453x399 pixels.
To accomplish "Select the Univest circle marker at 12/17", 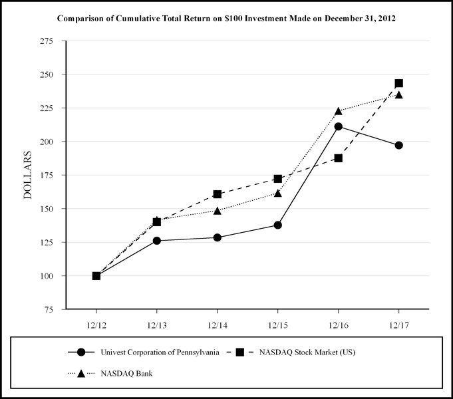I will pyautogui.click(x=398, y=145).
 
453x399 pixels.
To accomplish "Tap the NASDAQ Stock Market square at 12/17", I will pyautogui.click(x=398, y=83).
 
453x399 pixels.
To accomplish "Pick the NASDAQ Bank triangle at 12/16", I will pyautogui.click(x=338, y=111).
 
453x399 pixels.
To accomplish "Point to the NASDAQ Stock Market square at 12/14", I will pyautogui.click(x=217, y=194).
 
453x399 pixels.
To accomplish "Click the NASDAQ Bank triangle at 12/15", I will pyautogui.click(x=277, y=193).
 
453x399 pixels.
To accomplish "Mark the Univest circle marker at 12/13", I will pyautogui.click(x=156, y=241).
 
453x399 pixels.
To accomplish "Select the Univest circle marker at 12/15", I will pyautogui.click(x=277, y=225).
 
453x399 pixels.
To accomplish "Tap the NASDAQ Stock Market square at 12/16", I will pyautogui.click(x=338, y=158).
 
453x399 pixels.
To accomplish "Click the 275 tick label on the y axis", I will pyautogui.click(x=48, y=41).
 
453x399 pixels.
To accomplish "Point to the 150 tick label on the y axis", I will pyautogui.click(x=48, y=209).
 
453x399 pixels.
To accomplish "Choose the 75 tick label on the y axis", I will pyautogui.click(x=50, y=309).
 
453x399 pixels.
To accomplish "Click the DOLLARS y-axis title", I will pyautogui.click(x=28, y=175).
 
